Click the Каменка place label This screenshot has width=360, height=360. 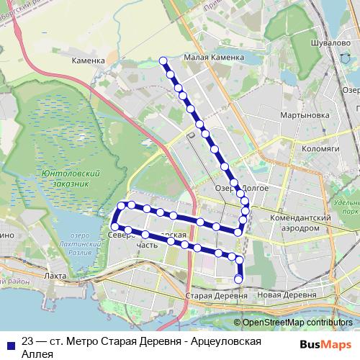[89, 61]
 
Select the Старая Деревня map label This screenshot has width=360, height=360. [211, 295]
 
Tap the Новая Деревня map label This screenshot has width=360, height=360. [287, 295]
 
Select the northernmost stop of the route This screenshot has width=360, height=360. [163, 60]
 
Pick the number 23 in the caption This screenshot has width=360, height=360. [28, 341]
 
